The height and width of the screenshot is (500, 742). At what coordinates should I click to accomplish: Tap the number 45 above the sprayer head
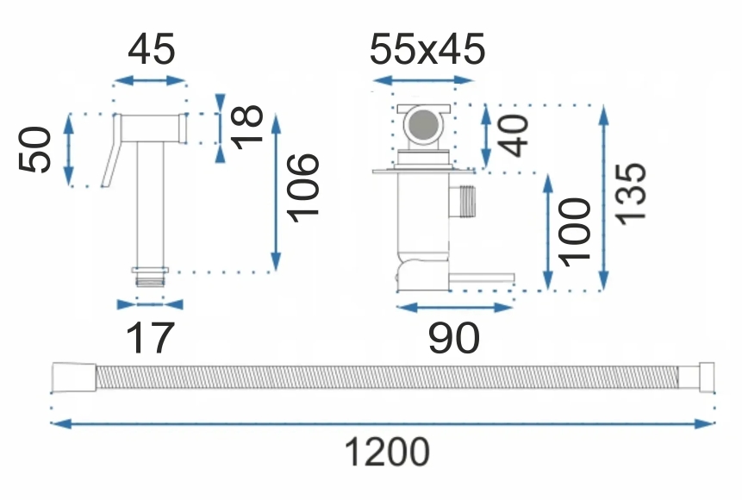[152, 50]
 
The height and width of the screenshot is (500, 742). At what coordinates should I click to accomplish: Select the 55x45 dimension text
[427, 50]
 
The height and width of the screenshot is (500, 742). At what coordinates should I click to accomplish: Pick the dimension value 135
[633, 192]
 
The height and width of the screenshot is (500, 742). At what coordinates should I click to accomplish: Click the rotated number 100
[574, 229]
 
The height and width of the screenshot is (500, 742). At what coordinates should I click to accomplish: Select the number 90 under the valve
[453, 339]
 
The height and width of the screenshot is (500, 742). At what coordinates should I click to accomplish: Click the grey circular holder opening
[422, 126]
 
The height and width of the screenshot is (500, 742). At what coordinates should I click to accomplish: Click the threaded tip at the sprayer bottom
[150, 276]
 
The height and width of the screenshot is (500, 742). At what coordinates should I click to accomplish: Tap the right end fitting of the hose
[701, 378]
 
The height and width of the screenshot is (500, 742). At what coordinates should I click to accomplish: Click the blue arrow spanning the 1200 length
[383, 423]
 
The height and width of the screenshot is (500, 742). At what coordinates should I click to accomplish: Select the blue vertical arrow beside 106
[277, 191]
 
